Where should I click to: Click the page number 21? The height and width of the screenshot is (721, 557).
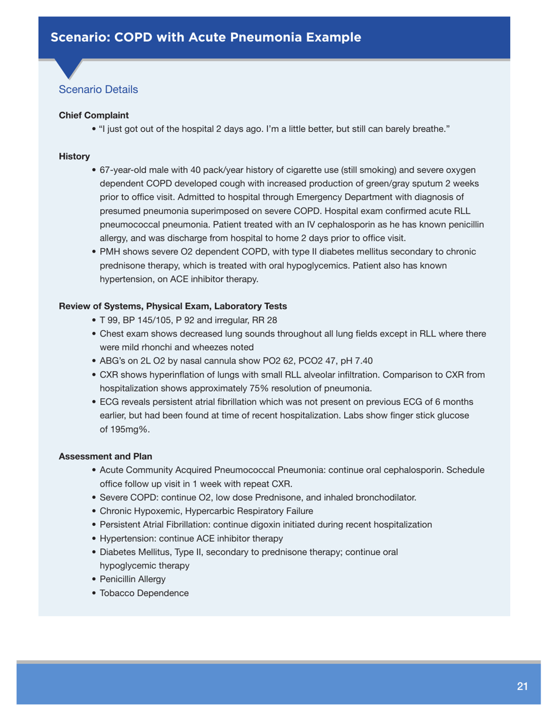click(x=522, y=686)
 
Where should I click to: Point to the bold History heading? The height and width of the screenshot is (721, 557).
click(x=74, y=157)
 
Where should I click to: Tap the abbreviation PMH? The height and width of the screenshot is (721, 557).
click(x=111, y=252)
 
